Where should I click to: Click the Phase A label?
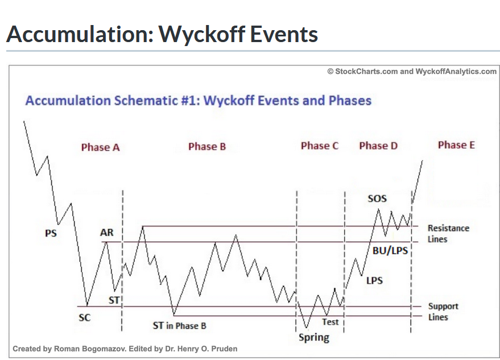(100, 147)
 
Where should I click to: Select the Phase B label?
(207, 147)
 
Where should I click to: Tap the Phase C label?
(320, 146)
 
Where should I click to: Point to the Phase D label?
(378, 146)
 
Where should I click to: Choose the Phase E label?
(456, 145)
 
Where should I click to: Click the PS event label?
(51, 233)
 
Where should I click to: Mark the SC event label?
(84, 317)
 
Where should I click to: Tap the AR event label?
(106, 233)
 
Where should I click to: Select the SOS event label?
(377, 198)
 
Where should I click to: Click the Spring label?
(314, 338)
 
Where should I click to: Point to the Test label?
(330, 322)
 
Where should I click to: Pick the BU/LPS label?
(391, 250)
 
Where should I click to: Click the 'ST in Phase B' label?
(179, 326)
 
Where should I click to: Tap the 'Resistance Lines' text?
(448, 234)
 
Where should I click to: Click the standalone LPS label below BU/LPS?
(374, 280)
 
